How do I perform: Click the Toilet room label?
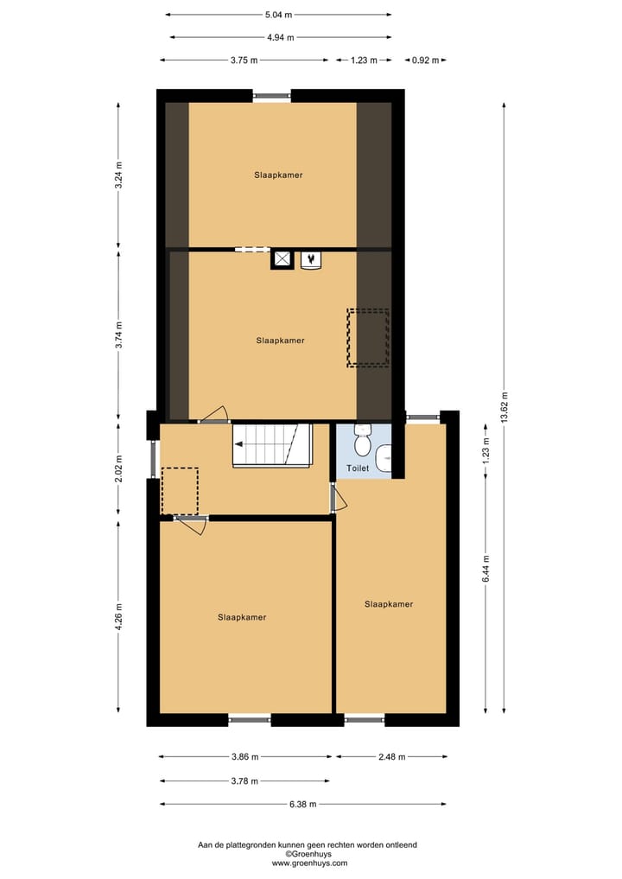[358, 468]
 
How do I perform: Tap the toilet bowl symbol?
[362, 443]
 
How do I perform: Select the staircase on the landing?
[271, 445]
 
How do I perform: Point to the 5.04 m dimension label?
[277, 15]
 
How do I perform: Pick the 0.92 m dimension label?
[425, 61]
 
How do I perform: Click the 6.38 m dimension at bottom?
[301, 804]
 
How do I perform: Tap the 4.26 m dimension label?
[118, 617]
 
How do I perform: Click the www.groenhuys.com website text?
[309, 863]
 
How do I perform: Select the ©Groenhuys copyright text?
[309, 854]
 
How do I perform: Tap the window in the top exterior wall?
[272, 96]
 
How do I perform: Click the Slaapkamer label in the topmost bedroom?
[278, 175]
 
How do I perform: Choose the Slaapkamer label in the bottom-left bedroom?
[242, 617]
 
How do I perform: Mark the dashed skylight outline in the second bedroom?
[368, 337]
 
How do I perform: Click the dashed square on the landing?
[180, 490]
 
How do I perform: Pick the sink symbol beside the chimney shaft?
[310, 258]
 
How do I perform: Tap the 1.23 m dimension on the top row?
[364, 61]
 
